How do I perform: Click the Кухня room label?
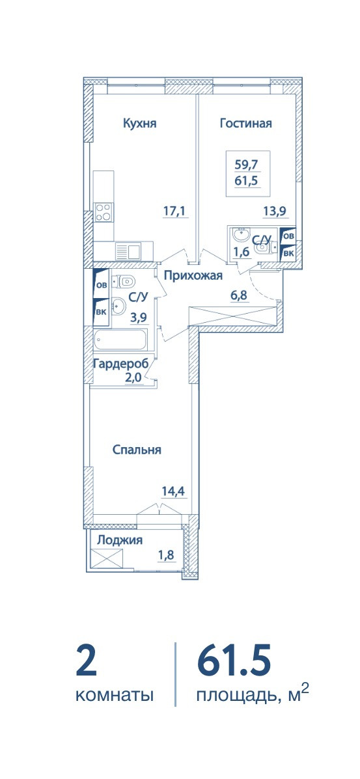tap(140, 124)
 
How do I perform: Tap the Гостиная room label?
tap(245, 124)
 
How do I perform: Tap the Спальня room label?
tap(137, 450)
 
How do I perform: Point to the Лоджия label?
tap(120, 541)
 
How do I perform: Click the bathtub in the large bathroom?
tap(120, 341)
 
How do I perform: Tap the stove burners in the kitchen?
tap(104, 212)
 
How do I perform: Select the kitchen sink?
tap(128, 251)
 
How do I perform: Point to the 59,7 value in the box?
tap(247, 163)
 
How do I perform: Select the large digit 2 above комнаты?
tap(87, 659)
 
